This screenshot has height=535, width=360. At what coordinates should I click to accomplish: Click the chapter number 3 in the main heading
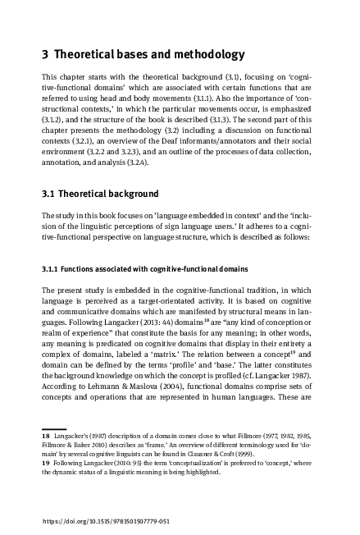click(45, 56)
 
